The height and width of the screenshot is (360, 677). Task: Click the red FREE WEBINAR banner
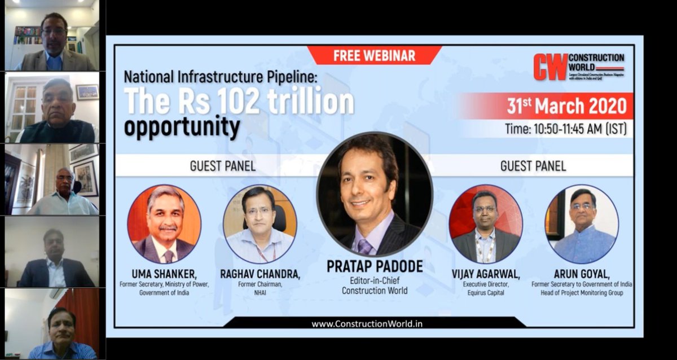pos(374,55)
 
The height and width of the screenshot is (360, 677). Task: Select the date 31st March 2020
pos(566,106)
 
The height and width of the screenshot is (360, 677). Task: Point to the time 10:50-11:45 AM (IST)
pos(565,129)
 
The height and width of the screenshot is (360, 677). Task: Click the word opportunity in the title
pos(182,128)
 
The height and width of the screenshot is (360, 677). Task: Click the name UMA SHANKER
pos(164,274)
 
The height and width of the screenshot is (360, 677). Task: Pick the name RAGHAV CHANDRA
pos(260,274)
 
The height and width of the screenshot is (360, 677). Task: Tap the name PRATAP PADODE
pos(374,266)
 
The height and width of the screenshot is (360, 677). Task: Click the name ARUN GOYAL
pos(582,274)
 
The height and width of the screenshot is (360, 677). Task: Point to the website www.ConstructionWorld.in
pos(367,323)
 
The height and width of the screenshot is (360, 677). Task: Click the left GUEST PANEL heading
pos(222,166)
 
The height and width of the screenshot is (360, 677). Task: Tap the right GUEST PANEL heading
pos(533,166)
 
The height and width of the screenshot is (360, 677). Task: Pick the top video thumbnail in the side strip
pos(52,35)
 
